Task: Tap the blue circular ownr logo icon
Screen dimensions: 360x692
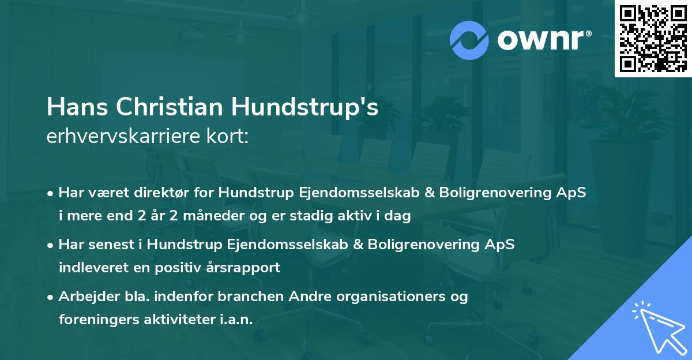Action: click(x=469, y=40)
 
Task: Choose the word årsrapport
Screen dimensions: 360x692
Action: click(x=246, y=268)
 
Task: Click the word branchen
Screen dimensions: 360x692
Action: click(x=243, y=297)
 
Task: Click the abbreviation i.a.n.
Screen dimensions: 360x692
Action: click(x=236, y=320)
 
